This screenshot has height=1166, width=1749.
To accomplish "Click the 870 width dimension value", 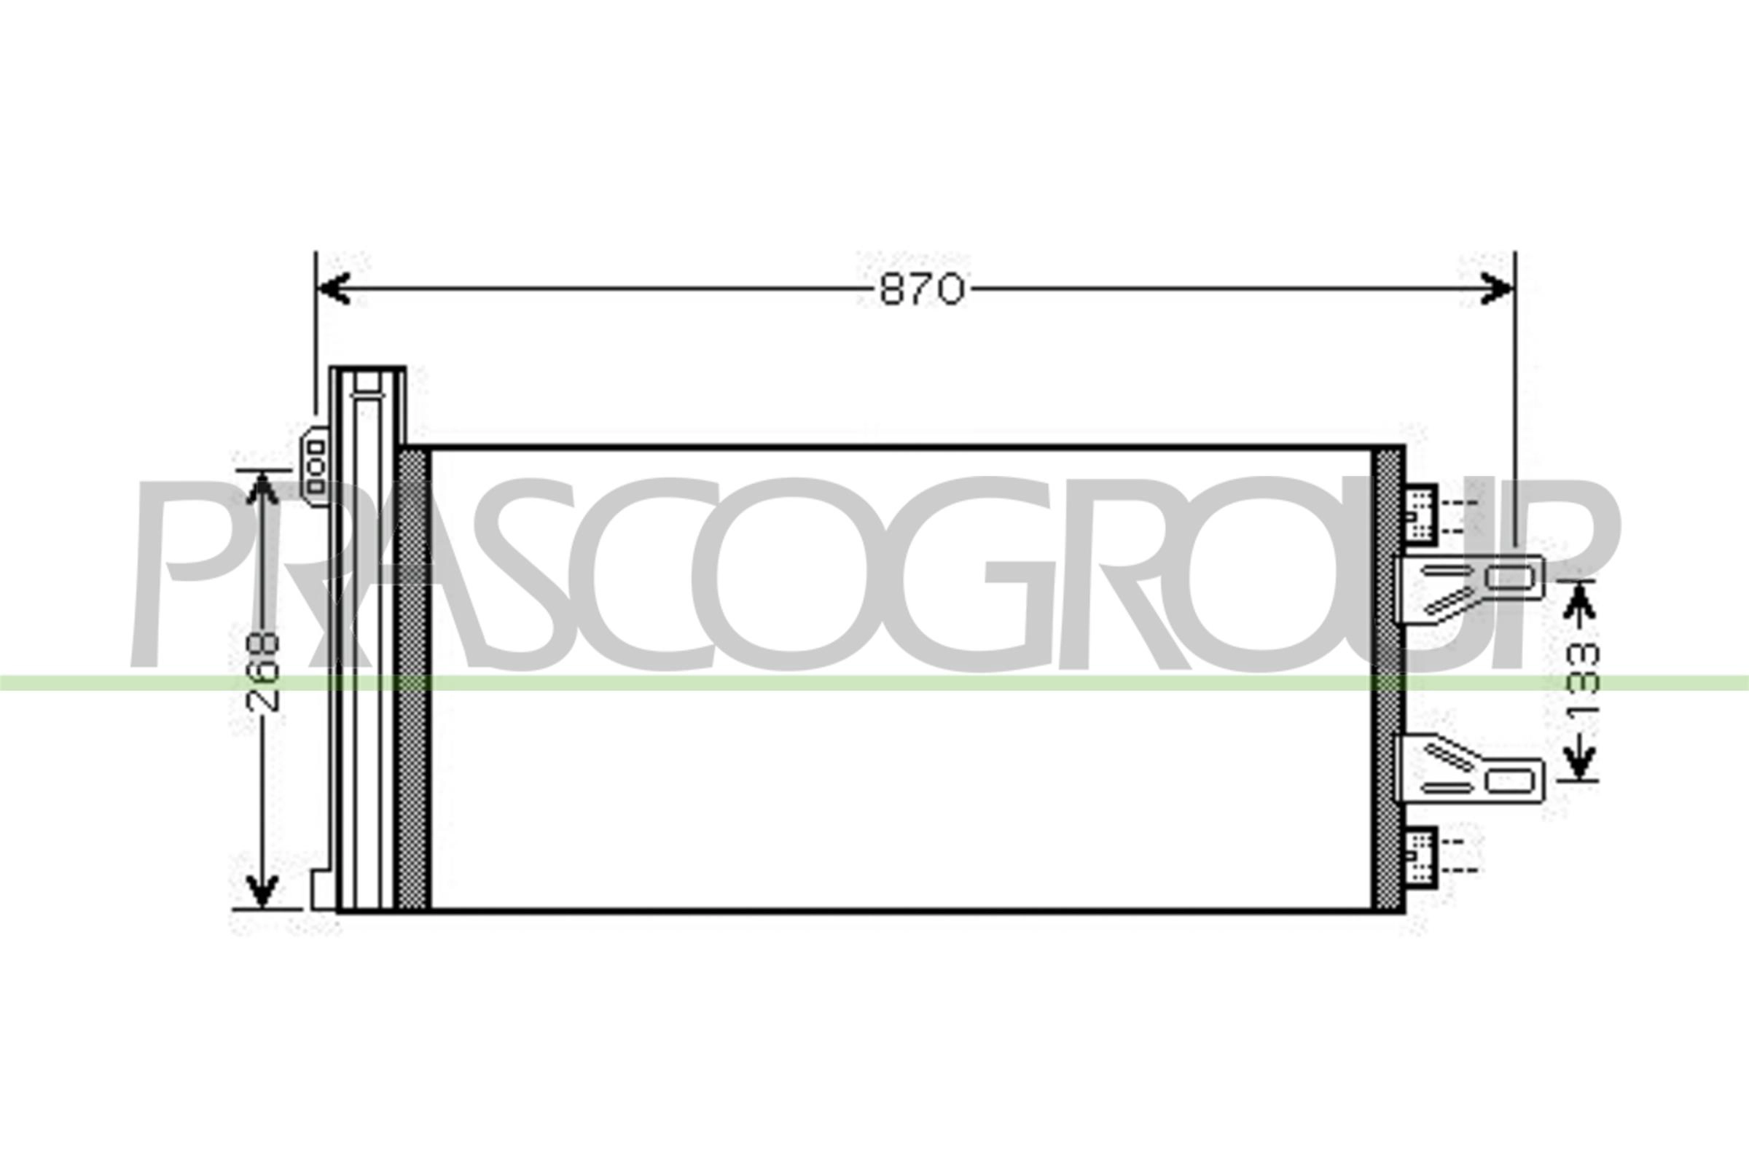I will point(922,289).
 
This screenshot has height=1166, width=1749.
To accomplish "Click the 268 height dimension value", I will point(262,672).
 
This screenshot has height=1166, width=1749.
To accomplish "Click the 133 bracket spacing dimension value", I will point(1581,679).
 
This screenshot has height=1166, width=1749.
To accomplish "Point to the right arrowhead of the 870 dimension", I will point(1496,289).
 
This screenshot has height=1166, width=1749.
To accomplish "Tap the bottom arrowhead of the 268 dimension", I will point(262,890).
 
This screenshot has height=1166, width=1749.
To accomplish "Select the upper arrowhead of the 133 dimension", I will point(1579,600).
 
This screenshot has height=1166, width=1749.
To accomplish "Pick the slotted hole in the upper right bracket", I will point(1508,578).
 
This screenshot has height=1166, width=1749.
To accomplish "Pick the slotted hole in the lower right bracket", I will point(1509,780).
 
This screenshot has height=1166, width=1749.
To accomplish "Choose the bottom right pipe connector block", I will point(1420,857).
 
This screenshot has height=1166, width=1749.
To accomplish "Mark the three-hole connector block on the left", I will point(316,466).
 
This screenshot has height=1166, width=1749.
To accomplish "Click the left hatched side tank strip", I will point(412,678).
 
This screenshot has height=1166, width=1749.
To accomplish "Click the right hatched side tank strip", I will point(1388,678).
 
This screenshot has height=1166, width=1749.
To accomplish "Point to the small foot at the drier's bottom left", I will point(323,889).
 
